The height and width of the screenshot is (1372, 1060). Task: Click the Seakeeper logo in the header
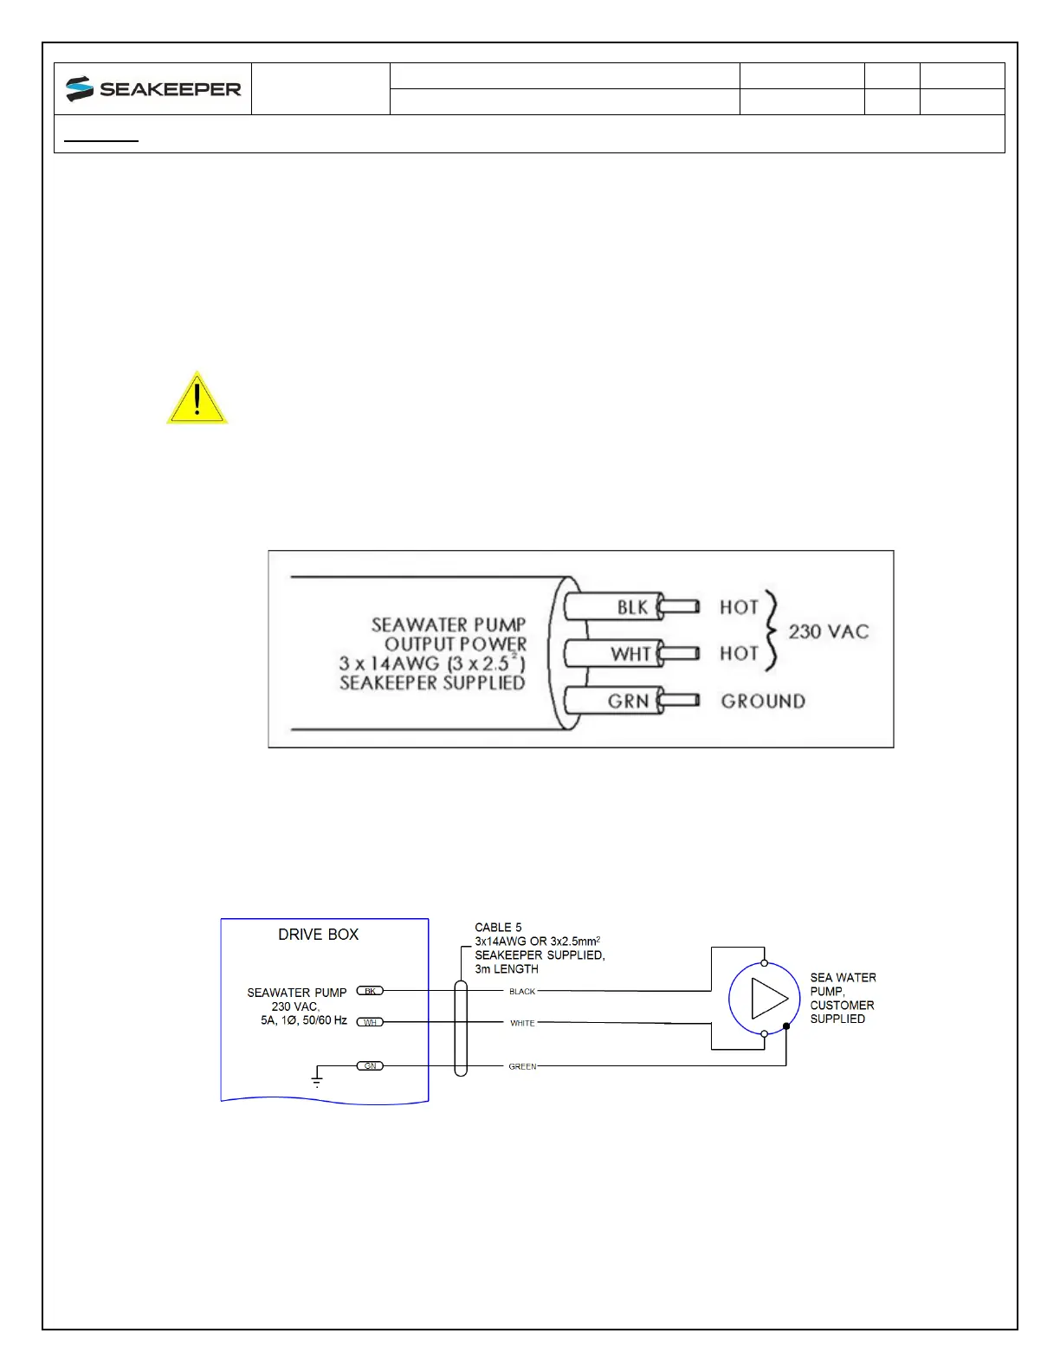click(x=153, y=89)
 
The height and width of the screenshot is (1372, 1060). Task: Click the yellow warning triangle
click(x=197, y=399)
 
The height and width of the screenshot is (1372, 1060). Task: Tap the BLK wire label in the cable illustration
click(x=632, y=607)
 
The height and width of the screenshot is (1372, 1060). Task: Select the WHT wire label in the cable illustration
click(x=630, y=654)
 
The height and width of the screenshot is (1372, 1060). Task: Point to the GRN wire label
click(x=628, y=701)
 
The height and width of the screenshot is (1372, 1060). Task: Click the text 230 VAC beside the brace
click(x=828, y=631)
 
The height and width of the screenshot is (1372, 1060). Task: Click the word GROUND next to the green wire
click(x=763, y=701)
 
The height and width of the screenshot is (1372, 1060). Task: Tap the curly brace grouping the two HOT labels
click(x=772, y=631)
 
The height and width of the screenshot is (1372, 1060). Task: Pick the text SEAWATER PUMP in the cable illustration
click(x=449, y=625)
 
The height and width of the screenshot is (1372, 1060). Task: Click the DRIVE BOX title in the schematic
click(x=318, y=935)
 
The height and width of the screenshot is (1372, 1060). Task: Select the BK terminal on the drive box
click(x=370, y=991)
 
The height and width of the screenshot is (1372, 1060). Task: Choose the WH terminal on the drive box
click(x=370, y=1022)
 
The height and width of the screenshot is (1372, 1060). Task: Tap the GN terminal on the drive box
click(x=370, y=1065)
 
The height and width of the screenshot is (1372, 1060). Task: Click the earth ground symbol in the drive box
click(x=317, y=1078)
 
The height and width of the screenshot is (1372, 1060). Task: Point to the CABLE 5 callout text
click(x=498, y=928)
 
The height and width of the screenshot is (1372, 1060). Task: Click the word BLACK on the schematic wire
click(x=522, y=992)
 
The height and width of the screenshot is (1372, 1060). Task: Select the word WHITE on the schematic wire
click(x=522, y=1023)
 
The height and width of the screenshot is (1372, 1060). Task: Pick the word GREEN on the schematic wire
click(x=522, y=1066)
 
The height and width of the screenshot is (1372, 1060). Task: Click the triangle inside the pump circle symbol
click(x=768, y=999)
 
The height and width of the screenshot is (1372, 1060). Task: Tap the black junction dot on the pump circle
click(x=786, y=1026)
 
